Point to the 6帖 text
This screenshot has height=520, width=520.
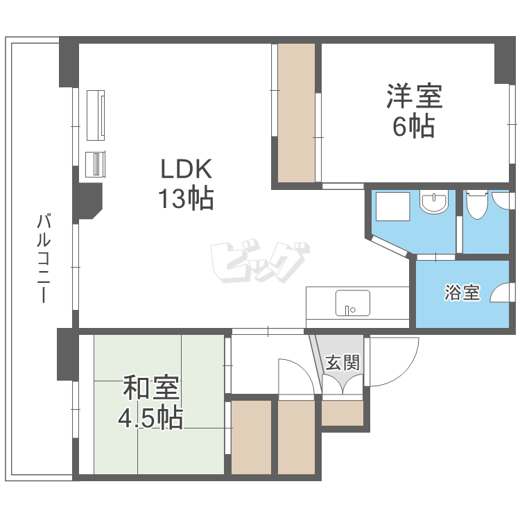coord(414,127)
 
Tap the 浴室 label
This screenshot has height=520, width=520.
coord(461,293)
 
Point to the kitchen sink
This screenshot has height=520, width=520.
coord(352,303)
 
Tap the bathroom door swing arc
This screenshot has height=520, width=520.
coord(501,293)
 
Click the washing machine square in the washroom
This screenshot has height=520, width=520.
coord(392,207)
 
